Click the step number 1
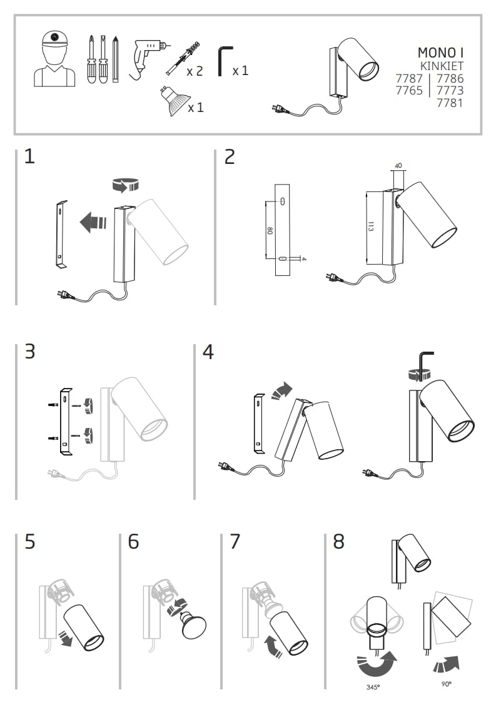29,156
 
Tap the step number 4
208,352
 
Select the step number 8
338,541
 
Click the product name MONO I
440,52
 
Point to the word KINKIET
441,66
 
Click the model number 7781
449,103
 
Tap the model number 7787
409,79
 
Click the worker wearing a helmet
55,59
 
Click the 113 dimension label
370,227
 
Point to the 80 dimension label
270,231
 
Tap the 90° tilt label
446,684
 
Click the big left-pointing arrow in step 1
93,221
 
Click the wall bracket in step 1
60,235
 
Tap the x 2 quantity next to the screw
195,71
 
